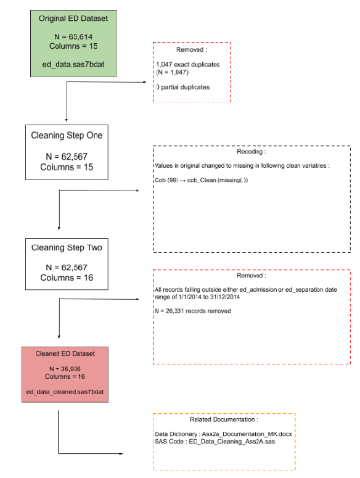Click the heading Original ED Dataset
click(x=73, y=19)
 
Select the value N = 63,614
click(x=73, y=37)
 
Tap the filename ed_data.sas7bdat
click(x=73, y=65)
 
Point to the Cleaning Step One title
click(x=67, y=135)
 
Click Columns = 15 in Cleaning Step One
click(x=67, y=167)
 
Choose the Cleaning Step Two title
click(x=67, y=247)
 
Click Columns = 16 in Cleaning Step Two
click(x=67, y=278)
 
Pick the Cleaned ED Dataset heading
click(x=65, y=353)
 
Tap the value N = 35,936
click(x=65, y=369)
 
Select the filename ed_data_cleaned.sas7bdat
click(x=65, y=392)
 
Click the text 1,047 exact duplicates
click(x=188, y=65)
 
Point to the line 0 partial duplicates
click(x=182, y=87)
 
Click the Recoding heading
click(x=252, y=152)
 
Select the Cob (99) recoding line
click(x=202, y=180)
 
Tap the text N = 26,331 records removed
click(x=193, y=311)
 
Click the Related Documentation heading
click(x=224, y=419)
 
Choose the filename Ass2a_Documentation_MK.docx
click(x=247, y=434)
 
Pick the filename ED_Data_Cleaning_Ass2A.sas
click(x=232, y=442)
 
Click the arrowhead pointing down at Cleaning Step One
click(x=67, y=120)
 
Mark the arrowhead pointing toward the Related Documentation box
click(x=121, y=453)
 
